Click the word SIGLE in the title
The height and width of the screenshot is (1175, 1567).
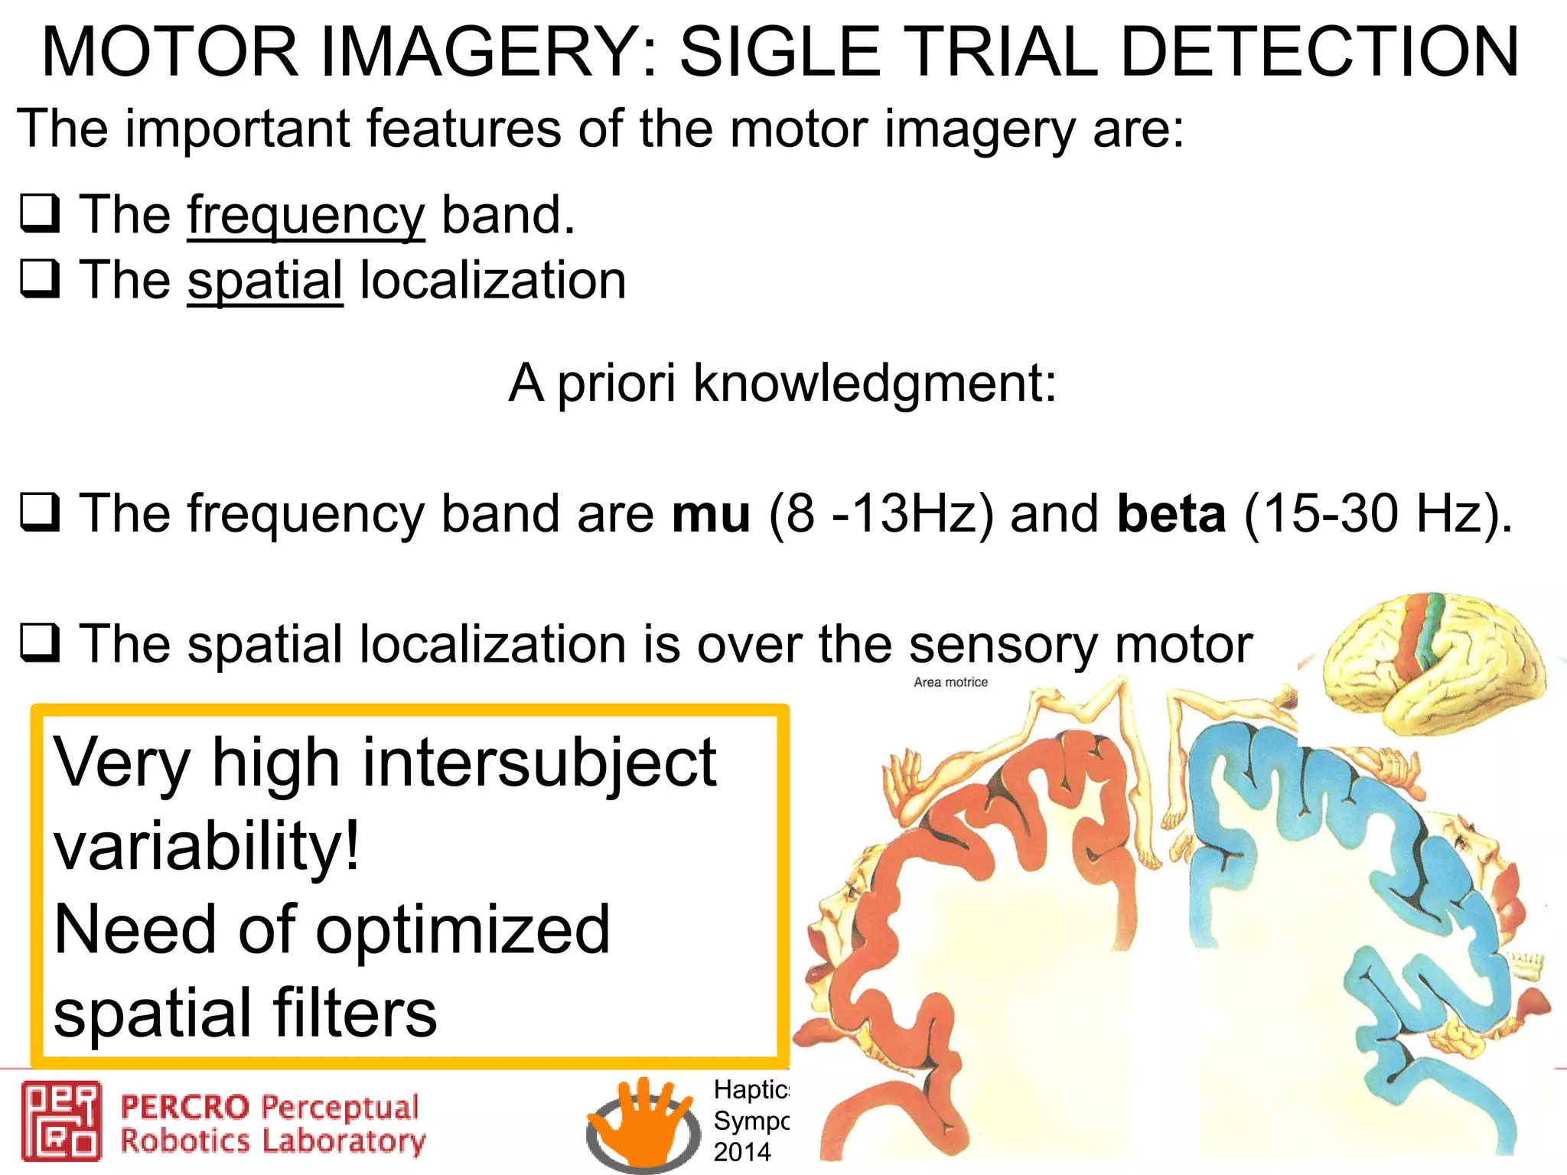780,52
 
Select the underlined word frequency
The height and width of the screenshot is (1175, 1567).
305,216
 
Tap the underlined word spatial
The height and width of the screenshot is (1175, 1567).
265,281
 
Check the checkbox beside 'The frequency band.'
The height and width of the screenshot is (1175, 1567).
40,213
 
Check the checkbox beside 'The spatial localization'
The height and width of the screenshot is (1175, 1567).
40,278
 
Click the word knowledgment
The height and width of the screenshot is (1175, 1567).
875,382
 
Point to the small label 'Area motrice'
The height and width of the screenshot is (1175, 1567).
950,682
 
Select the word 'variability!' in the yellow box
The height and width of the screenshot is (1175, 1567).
207,846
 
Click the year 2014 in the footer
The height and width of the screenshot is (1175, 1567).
741,1152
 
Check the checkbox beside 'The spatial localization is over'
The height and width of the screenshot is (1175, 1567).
40,643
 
